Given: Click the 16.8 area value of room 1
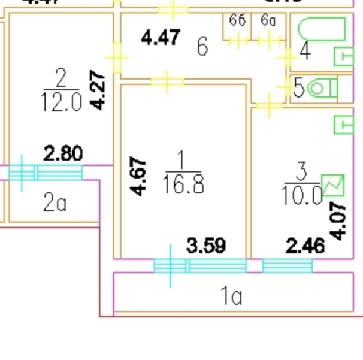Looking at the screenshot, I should [183, 184].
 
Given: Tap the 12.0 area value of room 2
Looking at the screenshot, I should [60, 102].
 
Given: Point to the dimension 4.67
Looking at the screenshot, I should [138, 176].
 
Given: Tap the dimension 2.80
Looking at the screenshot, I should [63, 153].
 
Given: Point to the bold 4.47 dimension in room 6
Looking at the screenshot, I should [160, 38].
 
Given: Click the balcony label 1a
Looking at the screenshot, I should [231, 296].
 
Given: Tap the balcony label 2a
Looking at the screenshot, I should [54, 204].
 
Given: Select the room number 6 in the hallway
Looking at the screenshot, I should [202, 46].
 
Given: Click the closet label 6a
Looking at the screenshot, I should [268, 21].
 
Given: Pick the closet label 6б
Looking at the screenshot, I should [238, 21].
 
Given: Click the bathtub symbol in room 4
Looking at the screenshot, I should [321, 29].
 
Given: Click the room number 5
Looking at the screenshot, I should [299, 89].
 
